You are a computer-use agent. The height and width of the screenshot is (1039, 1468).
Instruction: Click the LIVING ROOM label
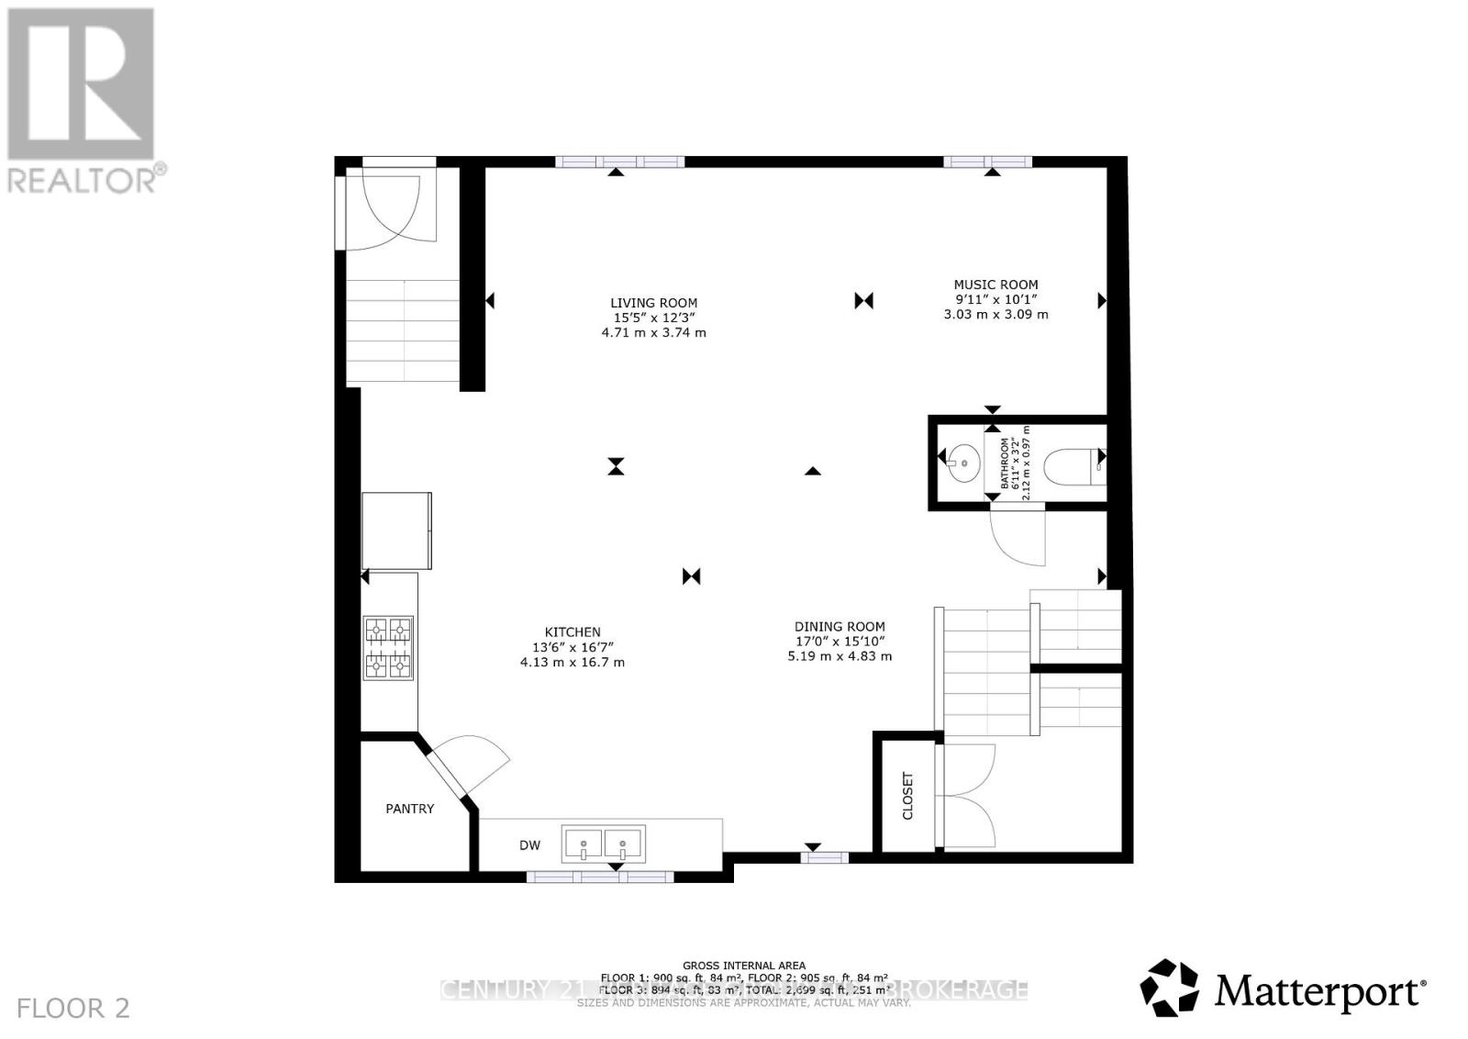(x=653, y=303)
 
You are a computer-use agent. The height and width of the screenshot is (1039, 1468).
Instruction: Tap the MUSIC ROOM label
(x=995, y=285)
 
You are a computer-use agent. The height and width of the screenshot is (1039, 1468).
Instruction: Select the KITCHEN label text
(x=573, y=631)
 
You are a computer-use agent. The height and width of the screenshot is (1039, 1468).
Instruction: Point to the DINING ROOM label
(x=840, y=627)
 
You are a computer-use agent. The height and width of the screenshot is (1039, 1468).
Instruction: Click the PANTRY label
(x=409, y=809)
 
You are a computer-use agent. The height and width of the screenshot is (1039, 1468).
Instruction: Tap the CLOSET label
(x=908, y=795)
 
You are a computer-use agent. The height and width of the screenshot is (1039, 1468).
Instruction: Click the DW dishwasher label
(x=530, y=845)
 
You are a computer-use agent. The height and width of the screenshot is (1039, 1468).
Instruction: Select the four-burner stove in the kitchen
(x=389, y=647)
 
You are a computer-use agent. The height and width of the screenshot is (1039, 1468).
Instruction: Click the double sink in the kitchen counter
(x=603, y=843)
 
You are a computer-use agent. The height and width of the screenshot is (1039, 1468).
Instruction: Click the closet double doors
(x=968, y=795)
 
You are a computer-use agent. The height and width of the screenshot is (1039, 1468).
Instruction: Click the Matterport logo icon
(x=1169, y=988)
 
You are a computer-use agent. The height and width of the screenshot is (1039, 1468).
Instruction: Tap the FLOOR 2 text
(x=73, y=1009)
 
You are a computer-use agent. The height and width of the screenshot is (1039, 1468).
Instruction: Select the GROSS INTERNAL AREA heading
(x=744, y=966)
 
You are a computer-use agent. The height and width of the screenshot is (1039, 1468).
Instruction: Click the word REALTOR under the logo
(x=83, y=179)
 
